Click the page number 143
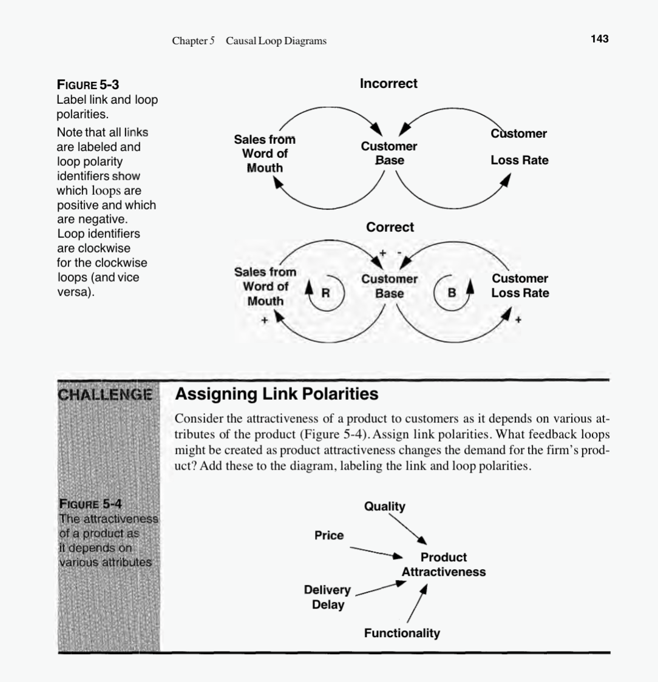click(x=599, y=39)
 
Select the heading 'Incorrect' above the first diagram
click(x=388, y=84)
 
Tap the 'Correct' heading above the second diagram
click(x=390, y=227)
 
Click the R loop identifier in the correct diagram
click(x=325, y=292)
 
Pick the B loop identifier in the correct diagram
click(x=451, y=292)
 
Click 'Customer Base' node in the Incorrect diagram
click(x=389, y=154)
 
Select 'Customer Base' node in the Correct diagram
click(x=389, y=286)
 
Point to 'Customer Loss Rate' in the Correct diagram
click(x=520, y=286)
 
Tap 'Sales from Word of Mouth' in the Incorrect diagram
click(x=265, y=154)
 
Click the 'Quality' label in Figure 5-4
click(x=384, y=506)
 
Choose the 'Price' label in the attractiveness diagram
click(x=329, y=535)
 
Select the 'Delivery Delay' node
click(x=327, y=597)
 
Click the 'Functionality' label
click(x=402, y=633)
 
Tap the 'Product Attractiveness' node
click(x=444, y=564)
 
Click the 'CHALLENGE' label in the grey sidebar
click(x=105, y=394)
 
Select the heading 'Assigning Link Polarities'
click(x=276, y=394)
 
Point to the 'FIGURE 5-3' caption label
click(x=87, y=84)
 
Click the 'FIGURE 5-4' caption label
click(x=90, y=504)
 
